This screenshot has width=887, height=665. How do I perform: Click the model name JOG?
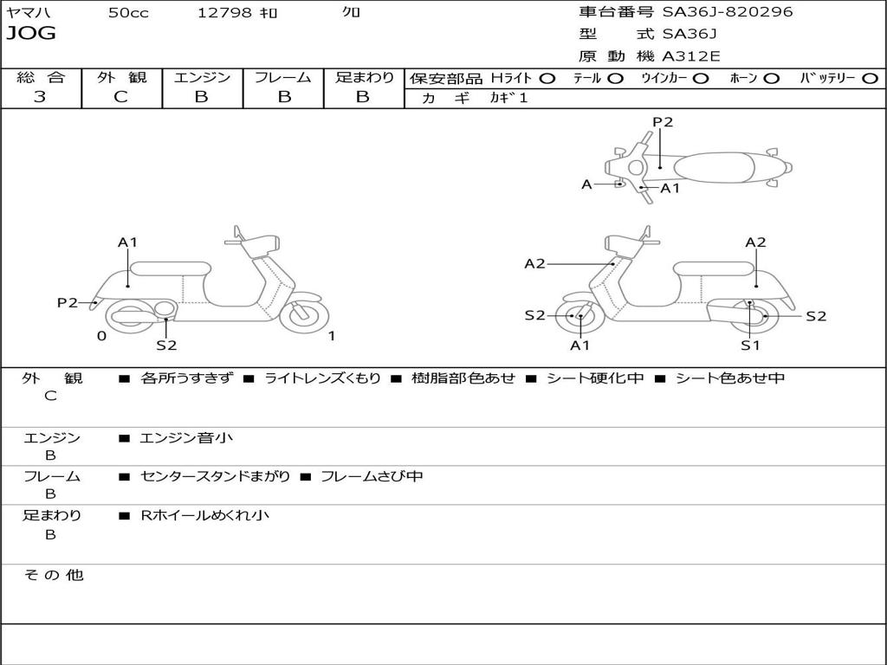coord(31,34)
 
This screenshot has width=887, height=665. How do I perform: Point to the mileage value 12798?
coord(224,13)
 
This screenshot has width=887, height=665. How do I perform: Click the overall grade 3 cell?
coord(40,97)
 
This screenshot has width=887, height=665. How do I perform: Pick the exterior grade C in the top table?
coord(120,97)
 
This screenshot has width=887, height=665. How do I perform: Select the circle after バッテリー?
coord(871,79)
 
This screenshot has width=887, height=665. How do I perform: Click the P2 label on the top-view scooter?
coord(663,122)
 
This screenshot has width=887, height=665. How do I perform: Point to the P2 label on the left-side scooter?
coord(68,302)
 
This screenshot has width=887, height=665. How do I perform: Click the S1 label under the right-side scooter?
coord(750,345)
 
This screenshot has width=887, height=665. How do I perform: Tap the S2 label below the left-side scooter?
coord(166,345)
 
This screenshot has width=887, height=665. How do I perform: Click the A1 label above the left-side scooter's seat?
coord(128,242)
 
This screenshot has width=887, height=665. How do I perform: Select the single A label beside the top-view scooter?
coord(586,184)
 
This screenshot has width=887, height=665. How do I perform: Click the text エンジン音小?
coord(186,438)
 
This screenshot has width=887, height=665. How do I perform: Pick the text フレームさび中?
coord(372,476)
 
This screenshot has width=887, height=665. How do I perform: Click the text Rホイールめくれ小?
coord(204,515)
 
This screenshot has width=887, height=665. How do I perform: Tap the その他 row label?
coord(53,575)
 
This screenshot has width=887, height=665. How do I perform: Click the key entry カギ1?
coord(508,98)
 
